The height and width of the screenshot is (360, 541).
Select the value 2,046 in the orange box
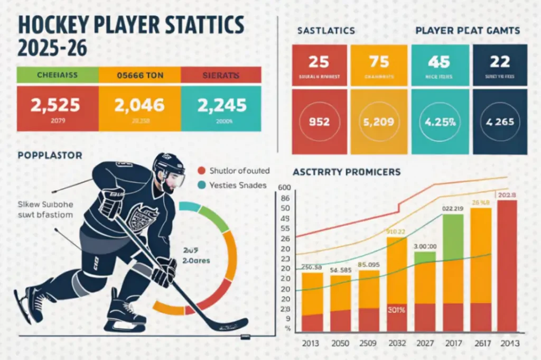tap(139, 104)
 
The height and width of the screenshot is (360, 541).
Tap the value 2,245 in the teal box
tap(221, 104)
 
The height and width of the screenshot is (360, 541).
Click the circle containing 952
tap(319, 122)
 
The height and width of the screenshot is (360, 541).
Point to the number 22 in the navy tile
tap(499, 61)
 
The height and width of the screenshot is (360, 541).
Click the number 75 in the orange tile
tap(379, 61)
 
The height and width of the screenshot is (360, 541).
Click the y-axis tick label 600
tap(284, 188)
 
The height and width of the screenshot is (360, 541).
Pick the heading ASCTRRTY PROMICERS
tap(346, 172)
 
